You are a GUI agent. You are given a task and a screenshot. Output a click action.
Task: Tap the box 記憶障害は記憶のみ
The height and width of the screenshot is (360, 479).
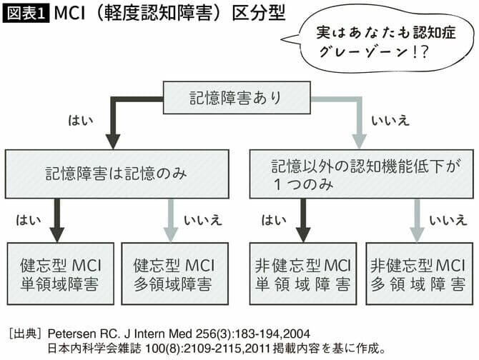117,173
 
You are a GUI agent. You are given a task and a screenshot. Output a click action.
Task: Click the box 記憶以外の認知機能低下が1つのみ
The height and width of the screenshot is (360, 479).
360,173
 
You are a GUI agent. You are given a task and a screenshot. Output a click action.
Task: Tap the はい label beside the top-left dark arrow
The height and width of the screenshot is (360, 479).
80,120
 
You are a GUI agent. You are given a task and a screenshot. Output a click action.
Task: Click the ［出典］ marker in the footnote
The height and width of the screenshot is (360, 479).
26,333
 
